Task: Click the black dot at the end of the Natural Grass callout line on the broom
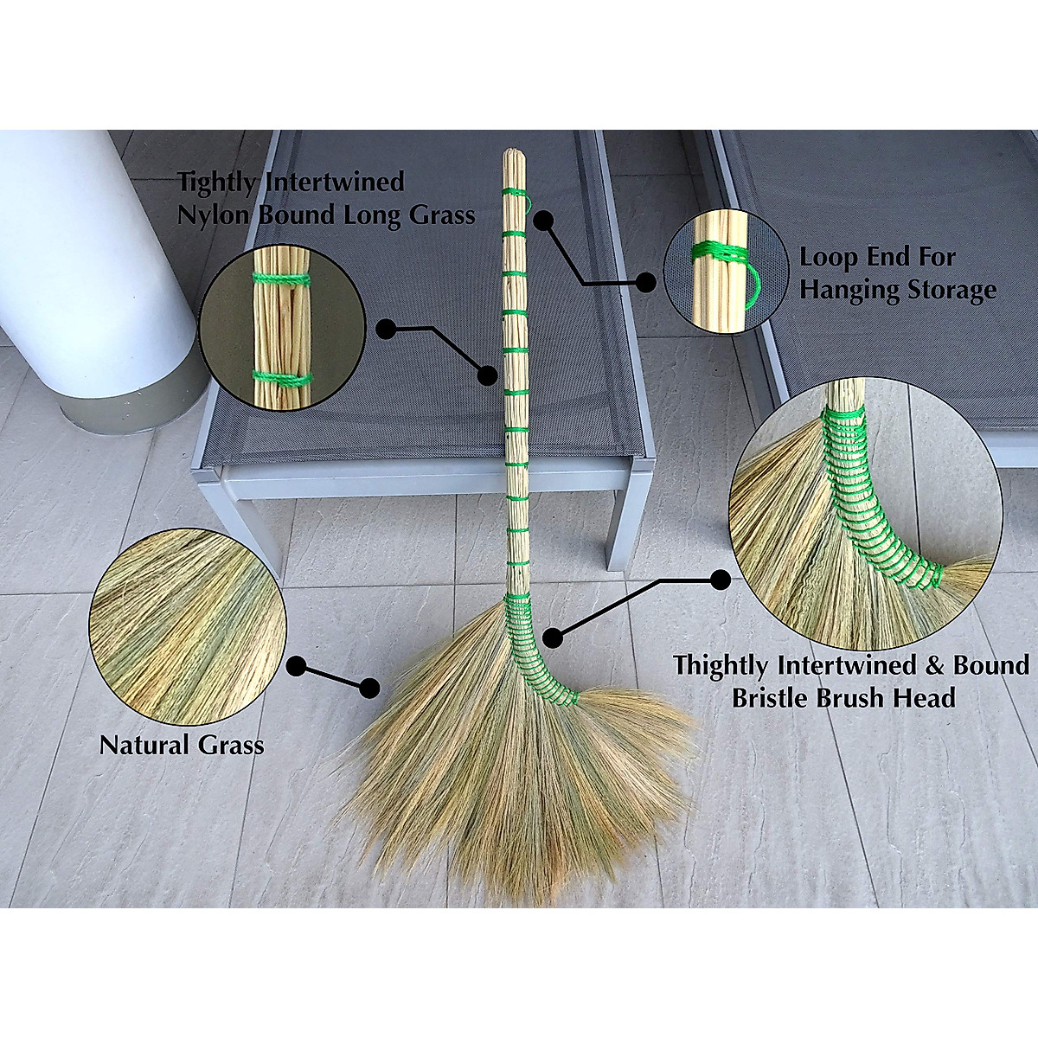tap(370, 689)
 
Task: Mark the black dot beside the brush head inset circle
tap(718, 578)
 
